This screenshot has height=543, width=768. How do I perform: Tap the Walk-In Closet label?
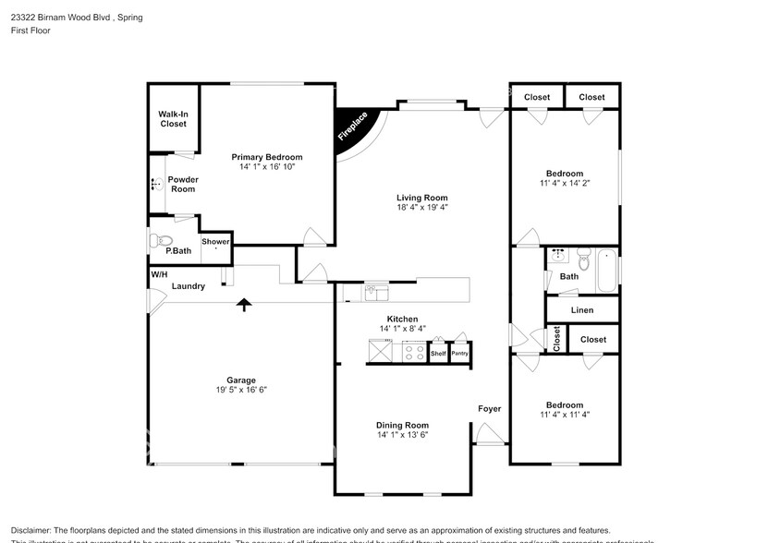click(x=173, y=118)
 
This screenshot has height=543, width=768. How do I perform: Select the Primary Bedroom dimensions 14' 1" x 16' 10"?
click(x=266, y=168)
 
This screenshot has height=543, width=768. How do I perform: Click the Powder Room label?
click(x=182, y=184)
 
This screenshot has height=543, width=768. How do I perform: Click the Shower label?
click(x=215, y=241)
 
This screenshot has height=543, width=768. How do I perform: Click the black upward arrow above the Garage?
click(x=244, y=305)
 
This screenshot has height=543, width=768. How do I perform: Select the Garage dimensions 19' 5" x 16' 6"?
click(x=241, y=390)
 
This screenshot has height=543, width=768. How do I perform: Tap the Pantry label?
click(x=460, y=353)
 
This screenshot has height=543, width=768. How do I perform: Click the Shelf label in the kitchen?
click(x=438, y=353)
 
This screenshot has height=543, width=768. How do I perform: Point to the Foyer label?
click(x=489, y=408)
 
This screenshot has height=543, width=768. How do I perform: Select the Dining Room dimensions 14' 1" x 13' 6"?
click(x=402, y=434)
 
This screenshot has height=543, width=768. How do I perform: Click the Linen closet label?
click(x=582, y=310)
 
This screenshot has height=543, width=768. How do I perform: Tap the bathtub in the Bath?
click(x=607, y=269)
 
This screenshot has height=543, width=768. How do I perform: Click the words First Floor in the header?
click(x=31, y=30)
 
